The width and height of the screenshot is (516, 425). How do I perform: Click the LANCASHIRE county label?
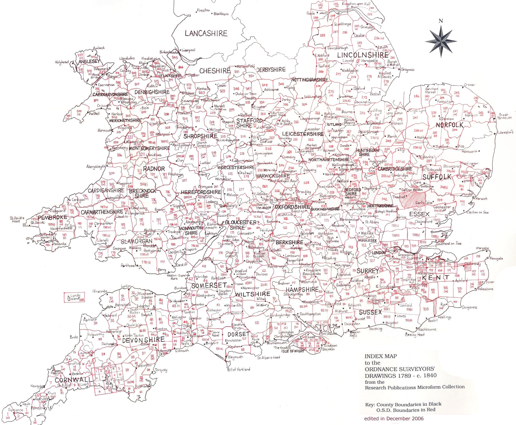click(206, 33)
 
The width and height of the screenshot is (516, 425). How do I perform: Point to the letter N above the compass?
click(441, 20)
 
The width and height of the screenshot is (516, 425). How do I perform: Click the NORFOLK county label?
click(450, 125)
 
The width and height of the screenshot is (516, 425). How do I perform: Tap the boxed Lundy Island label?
click(74, 297)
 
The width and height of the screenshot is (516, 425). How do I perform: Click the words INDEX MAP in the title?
click(381, 356)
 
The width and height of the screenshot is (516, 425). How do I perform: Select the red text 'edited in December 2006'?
click(394, 419)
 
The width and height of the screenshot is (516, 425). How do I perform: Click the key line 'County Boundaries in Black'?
click(409, 404)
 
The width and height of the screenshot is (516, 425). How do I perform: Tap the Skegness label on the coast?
click(408, 70)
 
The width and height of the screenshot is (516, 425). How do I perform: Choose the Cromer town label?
click(469, 84)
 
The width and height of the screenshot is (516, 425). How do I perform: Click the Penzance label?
click(16, 410)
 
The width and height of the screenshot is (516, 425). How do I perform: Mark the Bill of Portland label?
click(238, 369)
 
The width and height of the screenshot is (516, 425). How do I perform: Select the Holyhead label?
click(62, 62)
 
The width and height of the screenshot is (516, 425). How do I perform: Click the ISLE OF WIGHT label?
click(293, 351)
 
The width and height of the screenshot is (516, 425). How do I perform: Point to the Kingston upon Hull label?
click(356, 4)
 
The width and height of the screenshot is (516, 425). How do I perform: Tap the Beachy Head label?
click(415, 334)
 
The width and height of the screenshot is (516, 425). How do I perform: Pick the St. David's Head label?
click(17, 219)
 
